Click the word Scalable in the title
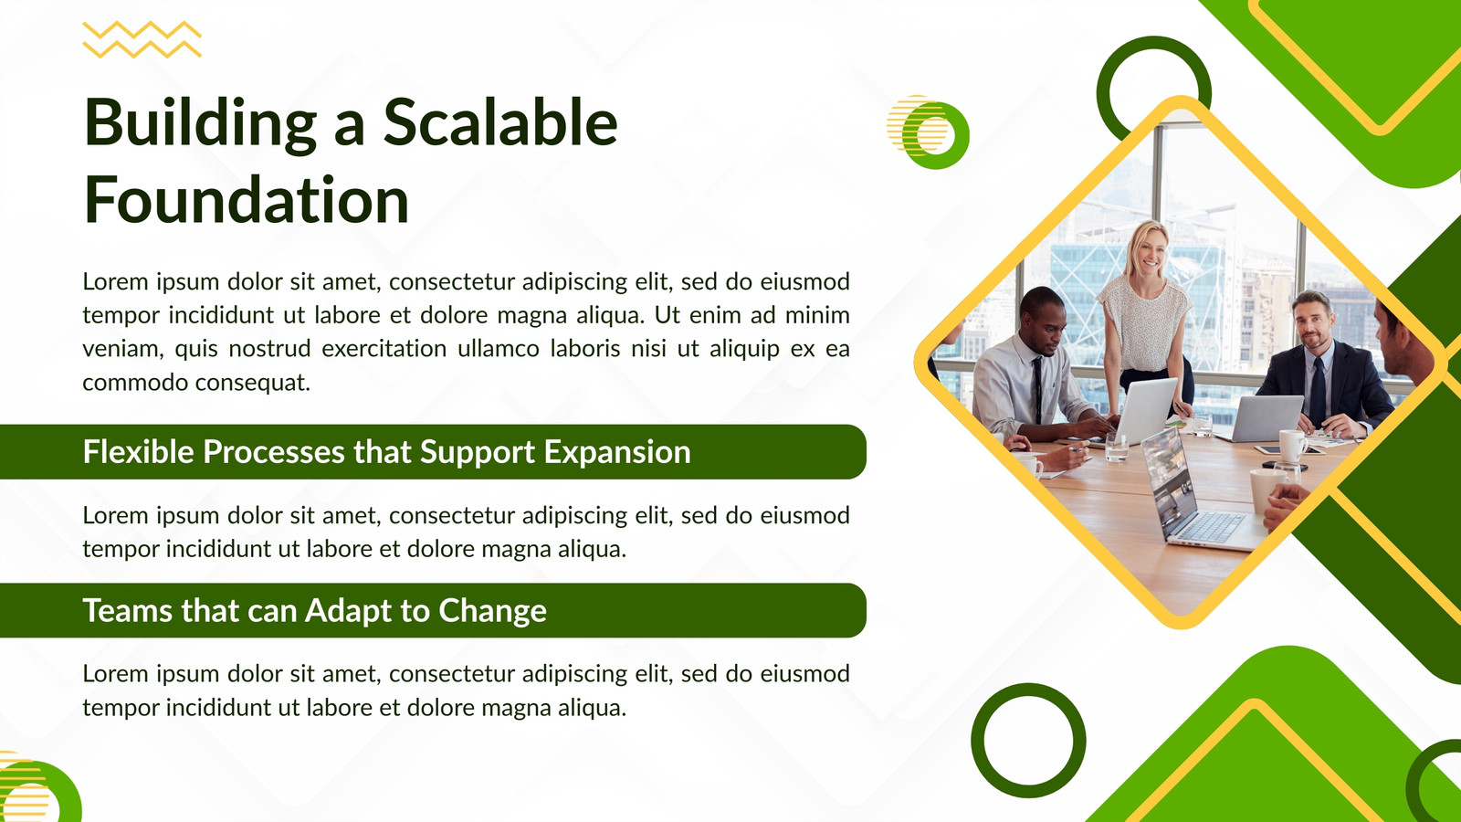pos(499,122)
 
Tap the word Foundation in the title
pos(247,199)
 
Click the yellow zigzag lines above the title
pos(142,39)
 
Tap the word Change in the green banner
pos(492,611)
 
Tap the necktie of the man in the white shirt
pos(1037,391)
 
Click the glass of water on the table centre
pos(1116,448)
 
